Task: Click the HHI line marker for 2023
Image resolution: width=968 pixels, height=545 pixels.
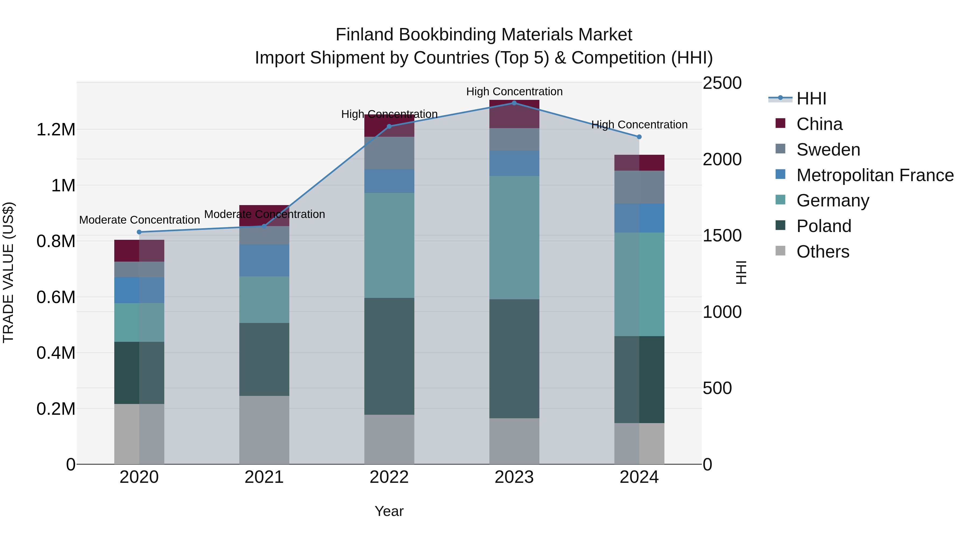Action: coord(514,103)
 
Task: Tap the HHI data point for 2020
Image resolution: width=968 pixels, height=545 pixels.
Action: coord(139,232)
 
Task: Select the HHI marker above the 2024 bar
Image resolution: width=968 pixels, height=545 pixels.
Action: coord(639,137)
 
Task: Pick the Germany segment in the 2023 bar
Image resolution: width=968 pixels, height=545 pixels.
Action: coord(514,238)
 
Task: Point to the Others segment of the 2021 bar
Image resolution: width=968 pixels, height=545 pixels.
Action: coord(264,430)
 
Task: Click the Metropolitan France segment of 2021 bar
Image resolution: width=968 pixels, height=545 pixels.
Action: coord(264,261)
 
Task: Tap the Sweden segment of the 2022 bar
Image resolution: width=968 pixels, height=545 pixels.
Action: coord(389,153)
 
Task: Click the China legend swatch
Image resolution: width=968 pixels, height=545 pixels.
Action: coord(781,123)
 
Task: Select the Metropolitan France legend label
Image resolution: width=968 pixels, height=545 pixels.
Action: coord(875,175)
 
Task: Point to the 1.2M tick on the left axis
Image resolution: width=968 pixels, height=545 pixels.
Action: coord(56,130)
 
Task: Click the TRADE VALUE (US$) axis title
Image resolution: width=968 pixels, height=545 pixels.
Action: coord(9,272)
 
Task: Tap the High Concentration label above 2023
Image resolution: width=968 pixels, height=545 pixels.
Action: coord(514,92)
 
